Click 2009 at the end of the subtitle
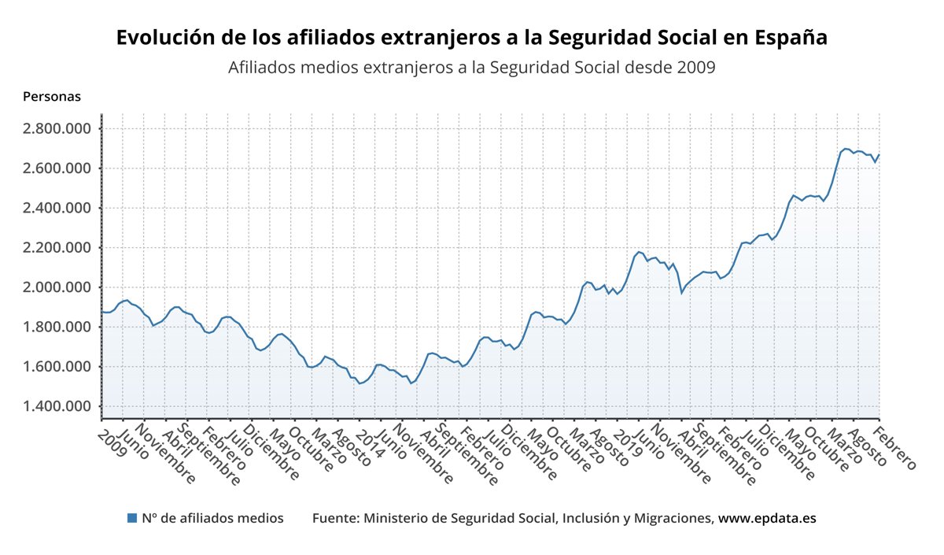pos(696,68)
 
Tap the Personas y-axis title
pos(52,97)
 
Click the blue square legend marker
pos(132,518)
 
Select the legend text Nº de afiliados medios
pos(212,518)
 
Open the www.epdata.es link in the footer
pos(767,518)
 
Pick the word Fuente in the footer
pos(334,518)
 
